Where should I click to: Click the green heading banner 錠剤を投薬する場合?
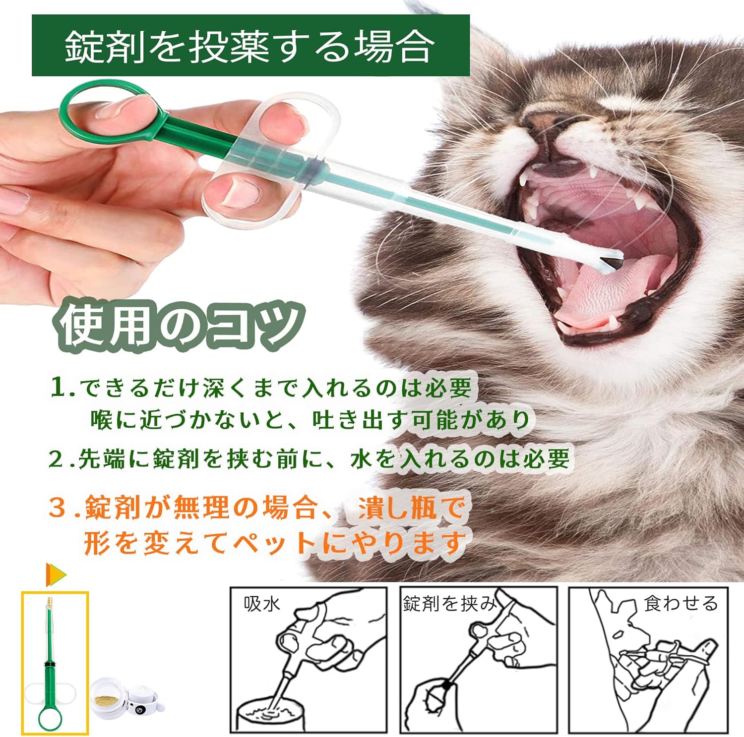250,46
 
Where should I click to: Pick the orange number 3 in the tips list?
59,509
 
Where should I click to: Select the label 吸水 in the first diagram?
262,604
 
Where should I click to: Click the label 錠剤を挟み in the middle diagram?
449,603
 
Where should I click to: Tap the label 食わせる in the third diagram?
681,603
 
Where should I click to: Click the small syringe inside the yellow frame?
50,659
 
